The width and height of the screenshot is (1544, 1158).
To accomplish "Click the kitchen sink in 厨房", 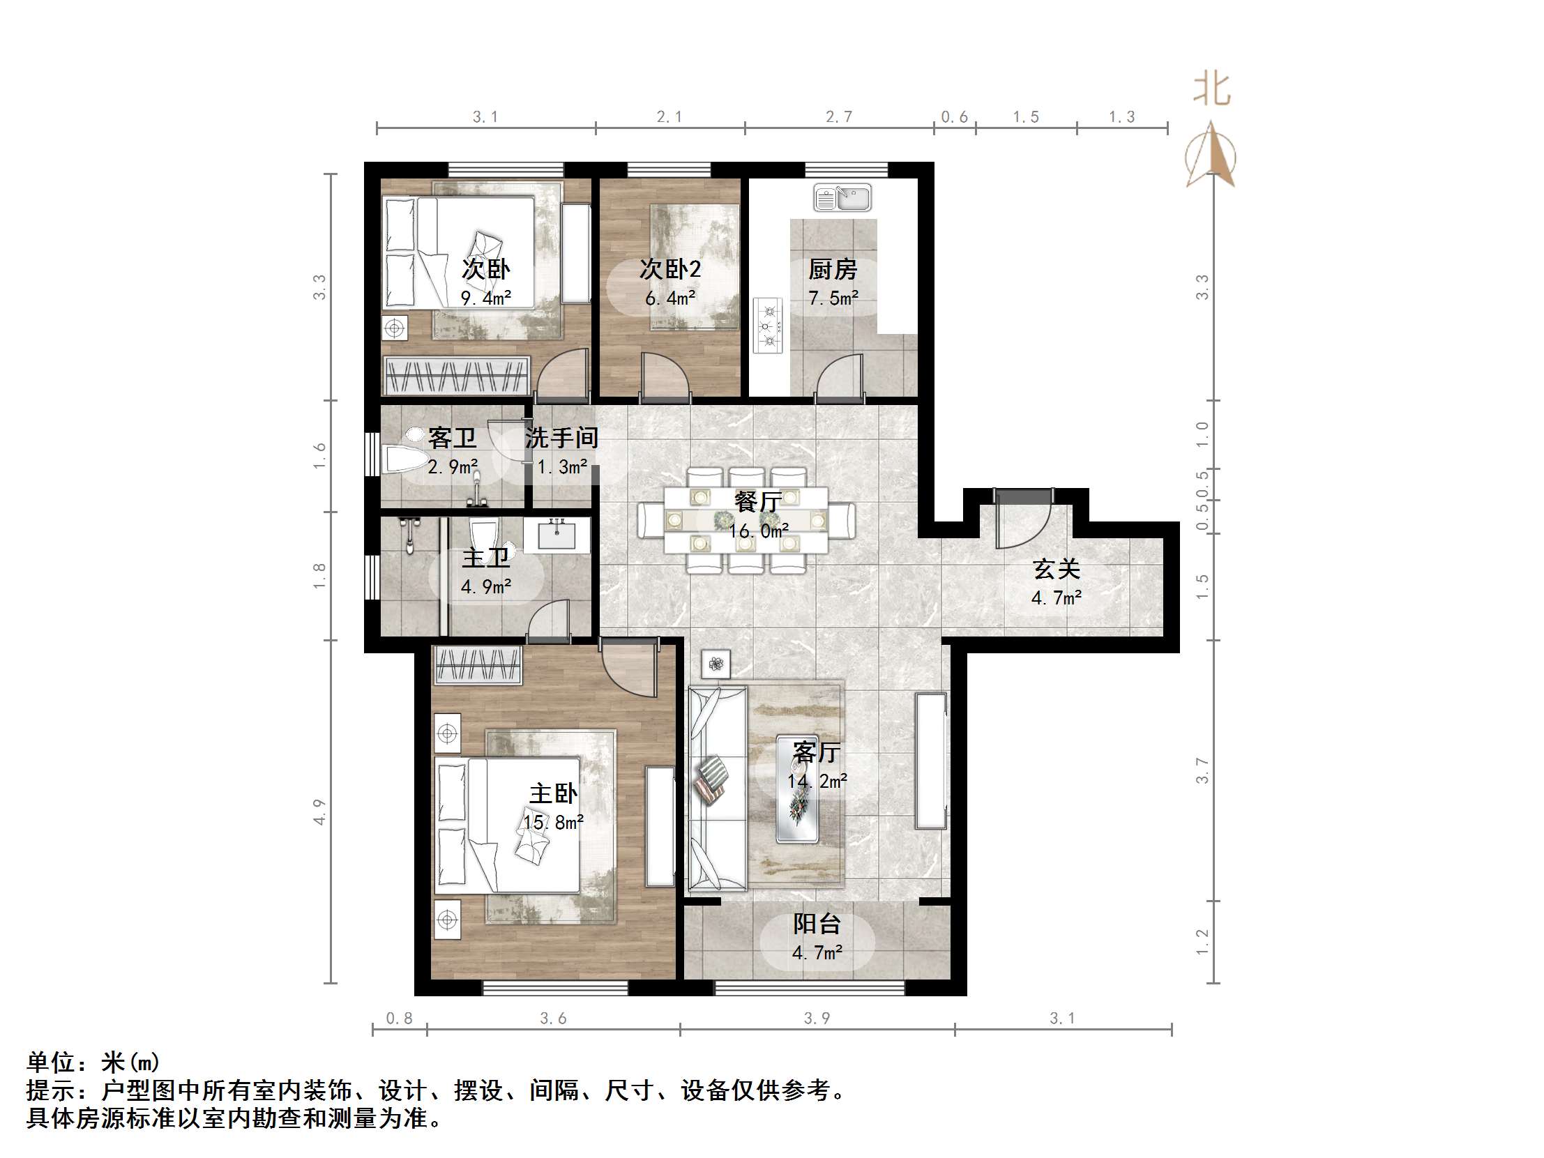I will pos(842,197).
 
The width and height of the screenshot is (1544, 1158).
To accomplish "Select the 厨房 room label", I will pos(832,269).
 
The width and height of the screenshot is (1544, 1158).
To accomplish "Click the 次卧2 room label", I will pos(670,269).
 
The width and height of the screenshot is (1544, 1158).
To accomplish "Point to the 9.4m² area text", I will pos(486,299).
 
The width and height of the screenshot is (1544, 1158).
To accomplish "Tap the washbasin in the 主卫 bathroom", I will pos(557,535).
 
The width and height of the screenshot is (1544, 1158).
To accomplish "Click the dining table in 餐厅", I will pos(745,520).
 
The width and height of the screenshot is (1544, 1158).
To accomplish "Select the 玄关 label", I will pos(1056,570).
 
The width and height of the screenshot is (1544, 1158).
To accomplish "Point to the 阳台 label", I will pos(817,924).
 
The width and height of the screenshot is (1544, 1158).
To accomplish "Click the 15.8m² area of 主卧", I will pos(554,823).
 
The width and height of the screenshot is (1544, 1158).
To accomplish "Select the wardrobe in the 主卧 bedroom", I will pos(478,665).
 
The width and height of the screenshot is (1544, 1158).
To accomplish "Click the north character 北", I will pos(1211,90).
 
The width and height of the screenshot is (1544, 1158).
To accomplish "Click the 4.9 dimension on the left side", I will pos(319,812).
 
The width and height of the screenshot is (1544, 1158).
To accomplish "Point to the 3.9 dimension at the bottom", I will pos(817,1019).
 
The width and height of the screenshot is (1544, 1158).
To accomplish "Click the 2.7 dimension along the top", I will pos(838,117).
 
